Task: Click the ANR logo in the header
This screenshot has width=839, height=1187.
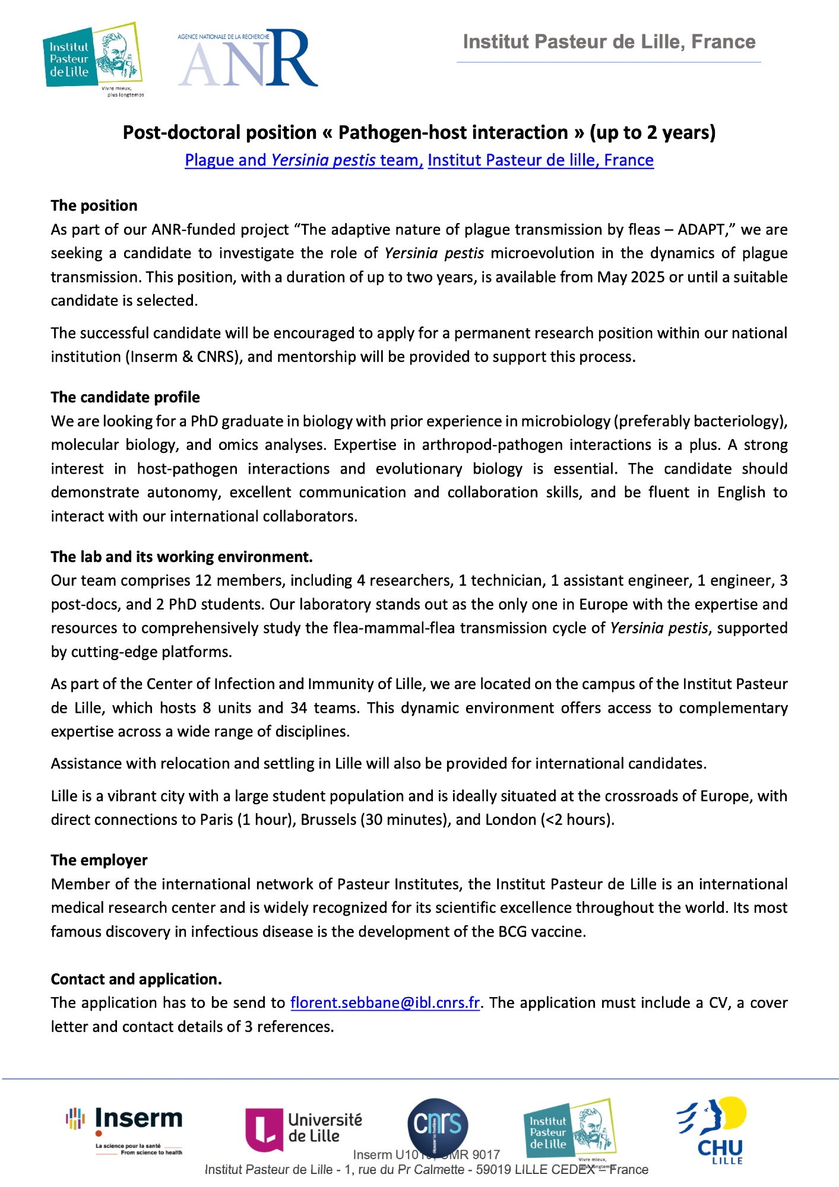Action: [x=248, y=58]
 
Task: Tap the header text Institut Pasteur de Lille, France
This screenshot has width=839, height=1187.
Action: [x=609, y=42]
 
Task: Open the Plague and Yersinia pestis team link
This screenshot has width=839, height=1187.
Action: [x=303, y=160]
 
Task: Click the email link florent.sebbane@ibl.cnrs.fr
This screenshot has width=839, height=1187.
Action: [x=385, y=1002]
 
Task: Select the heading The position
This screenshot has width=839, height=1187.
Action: [x=94, y=205]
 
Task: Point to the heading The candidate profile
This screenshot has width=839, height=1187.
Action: [x=125, y=397]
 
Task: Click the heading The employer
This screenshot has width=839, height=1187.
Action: [x=99, y=860]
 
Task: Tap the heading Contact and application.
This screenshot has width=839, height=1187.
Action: [x=136, y=979]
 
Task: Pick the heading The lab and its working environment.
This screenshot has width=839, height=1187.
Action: [x=182, y=557]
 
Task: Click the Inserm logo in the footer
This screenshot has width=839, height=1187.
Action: [x=124, y=1129]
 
